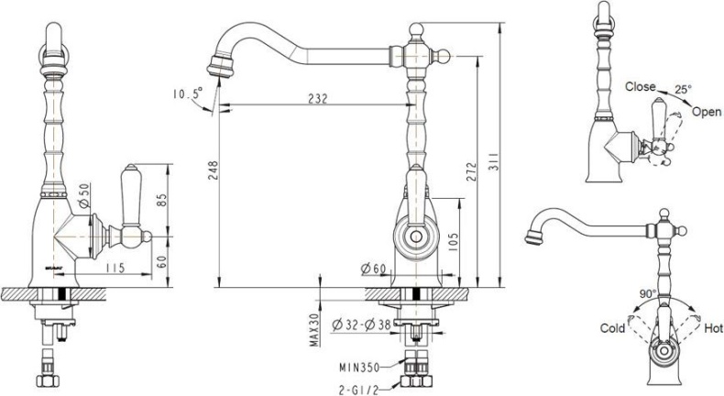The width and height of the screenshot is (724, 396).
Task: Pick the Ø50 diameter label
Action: tap(83, 192)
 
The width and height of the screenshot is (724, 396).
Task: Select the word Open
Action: tap(707, 111)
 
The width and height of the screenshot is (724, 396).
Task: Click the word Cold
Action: tap(612, 327)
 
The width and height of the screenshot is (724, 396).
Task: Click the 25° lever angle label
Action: tap(684, 91)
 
